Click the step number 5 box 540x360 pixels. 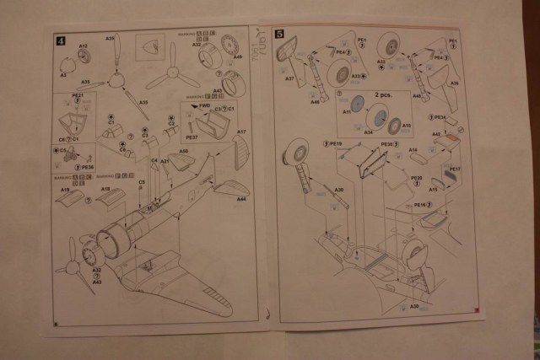(279, 37)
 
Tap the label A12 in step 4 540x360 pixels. (84, 46)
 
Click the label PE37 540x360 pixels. (192, 137)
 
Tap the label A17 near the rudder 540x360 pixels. (241, 132)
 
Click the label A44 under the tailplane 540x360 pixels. (242, 200)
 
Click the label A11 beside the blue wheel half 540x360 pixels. (347, 112)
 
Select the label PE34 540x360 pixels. (439, 118)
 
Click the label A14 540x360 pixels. (413, 150)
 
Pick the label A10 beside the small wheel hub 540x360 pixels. (406, 126)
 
